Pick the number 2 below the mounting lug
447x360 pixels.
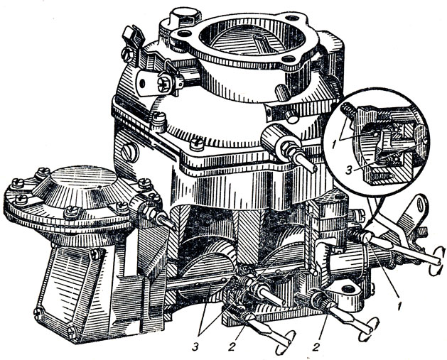pyautogui.click(x=316, y=347)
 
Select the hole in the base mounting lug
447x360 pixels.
pyautogui.click(x=349, y=289)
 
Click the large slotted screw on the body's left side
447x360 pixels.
pyautogui.click(x=130, y=152)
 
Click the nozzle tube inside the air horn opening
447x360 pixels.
pyautogui.click(x=264, y=43)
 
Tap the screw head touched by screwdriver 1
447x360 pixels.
pyautogui.click(x=367, y=236)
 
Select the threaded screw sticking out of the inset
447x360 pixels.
pyautogui.click(x=348, y=109)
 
